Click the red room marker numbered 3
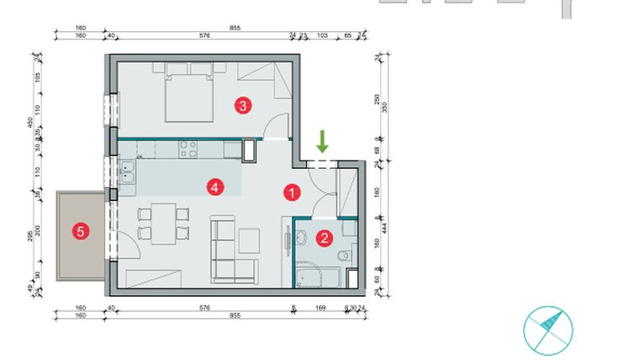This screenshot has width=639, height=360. (x=242, y=105)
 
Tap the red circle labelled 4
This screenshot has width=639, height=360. (x=216, y=187)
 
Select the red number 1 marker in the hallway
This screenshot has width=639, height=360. (x=291, y=193)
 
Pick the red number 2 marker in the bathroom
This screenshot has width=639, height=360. (x=325, y=238)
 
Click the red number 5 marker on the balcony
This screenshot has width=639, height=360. (x=80, y=232)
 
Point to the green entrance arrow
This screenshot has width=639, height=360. (x=321, y=141)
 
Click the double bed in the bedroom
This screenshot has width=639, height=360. (x=189, y=93)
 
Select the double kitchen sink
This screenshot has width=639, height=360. (x=128, y=176)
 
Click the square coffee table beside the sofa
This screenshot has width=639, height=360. (x=250, y=241)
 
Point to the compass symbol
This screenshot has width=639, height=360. (x=547, y=329)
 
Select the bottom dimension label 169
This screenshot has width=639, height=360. (x=320, y=309)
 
